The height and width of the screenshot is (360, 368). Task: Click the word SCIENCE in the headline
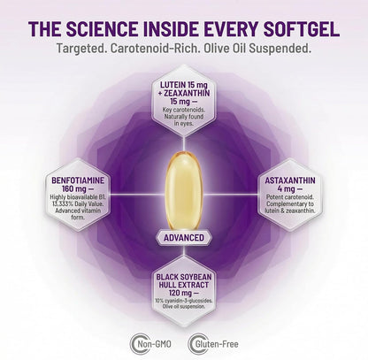[102, 28]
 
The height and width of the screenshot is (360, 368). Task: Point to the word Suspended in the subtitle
[280, 49]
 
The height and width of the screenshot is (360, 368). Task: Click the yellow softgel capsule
[184, 192]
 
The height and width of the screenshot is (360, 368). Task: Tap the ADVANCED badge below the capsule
[184, 238]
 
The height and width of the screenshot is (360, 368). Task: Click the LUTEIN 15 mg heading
[184, 85]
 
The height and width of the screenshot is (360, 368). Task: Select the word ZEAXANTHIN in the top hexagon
[187, 94]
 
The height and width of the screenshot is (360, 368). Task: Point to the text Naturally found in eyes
[184, 120]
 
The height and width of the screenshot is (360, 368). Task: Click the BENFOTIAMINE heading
[78, 180]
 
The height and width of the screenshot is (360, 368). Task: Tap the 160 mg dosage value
[74, 189]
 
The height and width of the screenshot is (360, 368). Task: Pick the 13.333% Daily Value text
[78, 204]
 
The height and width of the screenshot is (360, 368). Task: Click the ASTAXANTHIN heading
[290, 180]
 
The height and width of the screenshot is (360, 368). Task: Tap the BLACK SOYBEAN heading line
[184, 277]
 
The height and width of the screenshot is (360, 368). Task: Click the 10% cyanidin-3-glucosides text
[183, 301]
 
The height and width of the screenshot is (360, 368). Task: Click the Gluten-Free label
[217, 344]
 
